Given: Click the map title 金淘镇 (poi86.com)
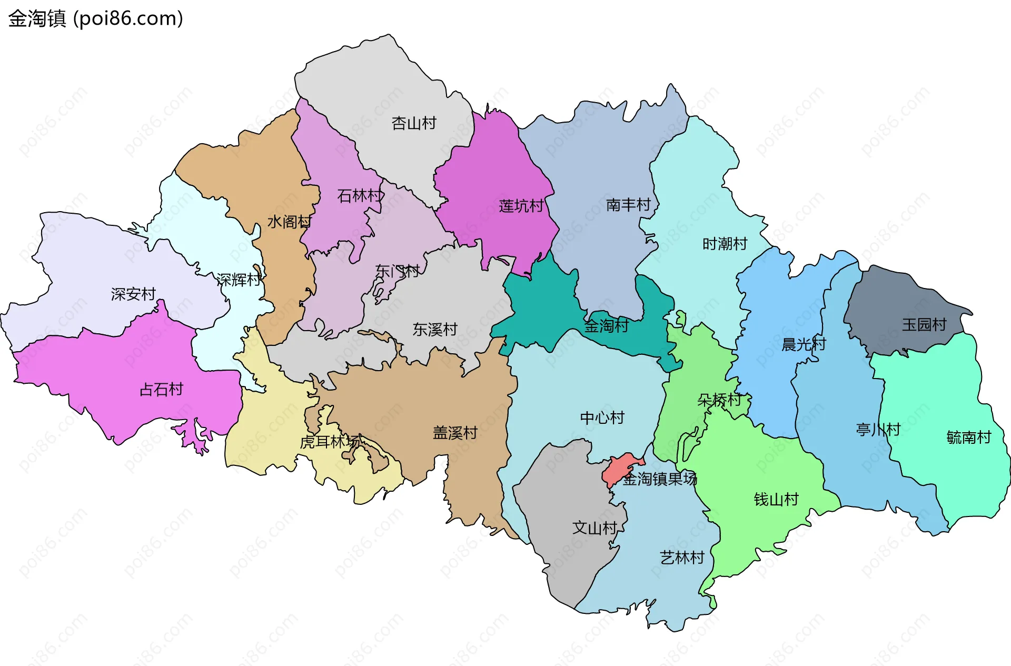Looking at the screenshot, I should pos(95,18).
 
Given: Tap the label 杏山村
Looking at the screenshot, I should pos(414,123).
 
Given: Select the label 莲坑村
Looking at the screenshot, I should pos(521,206).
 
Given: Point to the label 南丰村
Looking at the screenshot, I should pos(628,204).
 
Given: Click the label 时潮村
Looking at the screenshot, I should pos(725,244).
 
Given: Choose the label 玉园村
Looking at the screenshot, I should pos(924,324).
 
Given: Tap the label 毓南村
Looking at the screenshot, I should pos(968,437).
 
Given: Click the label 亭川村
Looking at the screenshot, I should pos(878,430).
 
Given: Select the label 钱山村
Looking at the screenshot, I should pos(776,499).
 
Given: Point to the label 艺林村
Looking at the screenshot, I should pos(682,558).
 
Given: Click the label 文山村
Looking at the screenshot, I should pos(594,528).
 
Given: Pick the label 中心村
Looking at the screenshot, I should pos(602,418).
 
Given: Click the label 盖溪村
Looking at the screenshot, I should pos(455,433).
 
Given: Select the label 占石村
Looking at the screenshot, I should pos(161,390).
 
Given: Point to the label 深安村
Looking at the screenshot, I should pos(133,294).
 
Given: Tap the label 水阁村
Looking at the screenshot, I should pos(289,222).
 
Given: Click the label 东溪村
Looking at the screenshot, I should pos(434,330).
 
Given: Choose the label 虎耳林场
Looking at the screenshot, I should pos(330,442).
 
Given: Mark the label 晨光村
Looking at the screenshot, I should pos(804,344).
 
